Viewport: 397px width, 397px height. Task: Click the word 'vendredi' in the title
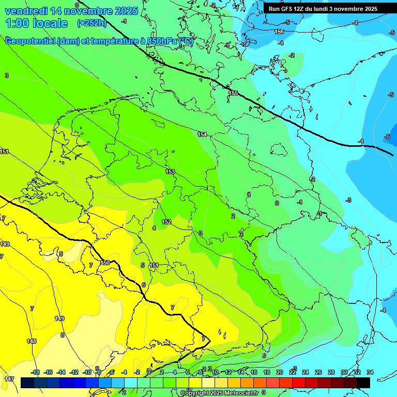tap(25, 11)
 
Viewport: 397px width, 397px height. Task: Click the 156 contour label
tap(279, 32)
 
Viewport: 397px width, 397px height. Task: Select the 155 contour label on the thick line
tap(233, 93)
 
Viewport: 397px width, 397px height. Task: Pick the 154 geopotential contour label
tap(202, 134)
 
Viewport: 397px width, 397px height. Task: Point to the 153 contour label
tap(170, 172)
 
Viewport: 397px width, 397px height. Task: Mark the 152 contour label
tap(166, 222)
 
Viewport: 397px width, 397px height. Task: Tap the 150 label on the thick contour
tap(105, 263)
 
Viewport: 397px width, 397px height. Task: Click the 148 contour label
tap(32, 341)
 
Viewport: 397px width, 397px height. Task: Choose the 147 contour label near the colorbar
tap(9, 379)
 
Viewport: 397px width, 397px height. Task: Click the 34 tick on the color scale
tap(370, 372)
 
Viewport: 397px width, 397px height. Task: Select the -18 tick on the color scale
tap(36, 372)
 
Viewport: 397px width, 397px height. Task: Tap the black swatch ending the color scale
tap(363, 383)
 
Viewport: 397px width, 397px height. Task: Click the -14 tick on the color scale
tap(61, 372)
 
